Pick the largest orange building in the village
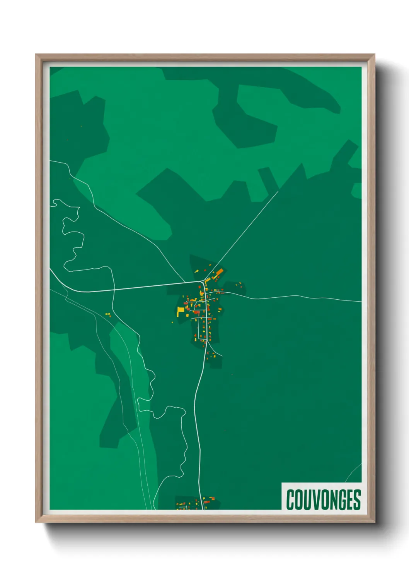pyautogui.click(x=219, y=273)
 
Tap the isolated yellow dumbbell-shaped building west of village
pyautogui.click(x=108, y=314)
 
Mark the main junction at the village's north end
pyautogui.click(x=203, y=281)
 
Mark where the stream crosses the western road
pyautogui.click(x=114, y=288)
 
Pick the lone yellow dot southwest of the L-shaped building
pyautogui.click(x=173, y=322)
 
